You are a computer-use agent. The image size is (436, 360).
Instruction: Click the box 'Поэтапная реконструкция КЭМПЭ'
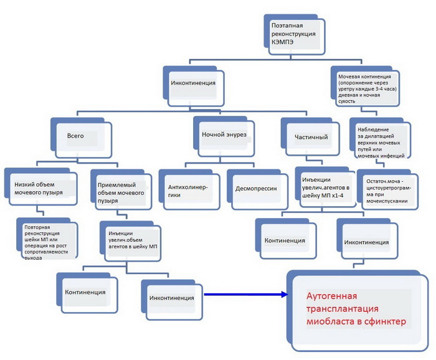coord(295,34)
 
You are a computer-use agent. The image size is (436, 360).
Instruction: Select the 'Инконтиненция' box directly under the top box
coord(194,86)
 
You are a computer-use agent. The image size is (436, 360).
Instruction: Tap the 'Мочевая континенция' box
coord(366,86)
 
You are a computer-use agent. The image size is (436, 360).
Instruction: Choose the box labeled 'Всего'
coord(81,138)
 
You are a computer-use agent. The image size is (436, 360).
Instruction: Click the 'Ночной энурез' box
coord(224,136)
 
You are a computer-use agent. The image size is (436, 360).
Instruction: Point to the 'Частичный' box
coord(310,137)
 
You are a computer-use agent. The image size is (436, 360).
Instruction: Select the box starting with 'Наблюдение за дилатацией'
coord(381,138)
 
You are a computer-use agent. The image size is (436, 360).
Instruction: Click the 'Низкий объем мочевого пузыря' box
coord(41,187)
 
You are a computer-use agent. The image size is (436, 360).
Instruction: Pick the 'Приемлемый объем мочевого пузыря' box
coord(121,190)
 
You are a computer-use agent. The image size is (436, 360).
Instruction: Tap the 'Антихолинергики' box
coord(189,190)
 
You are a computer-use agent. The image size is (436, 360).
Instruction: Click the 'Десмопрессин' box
coord(258,190)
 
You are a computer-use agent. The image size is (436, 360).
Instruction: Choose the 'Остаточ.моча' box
coord(387,190)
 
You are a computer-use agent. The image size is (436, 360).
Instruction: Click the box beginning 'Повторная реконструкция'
coord(47,239)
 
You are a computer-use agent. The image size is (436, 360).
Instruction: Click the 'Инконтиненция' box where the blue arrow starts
coord(172,300)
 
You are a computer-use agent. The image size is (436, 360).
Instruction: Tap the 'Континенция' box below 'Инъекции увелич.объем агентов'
coord(87,293)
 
